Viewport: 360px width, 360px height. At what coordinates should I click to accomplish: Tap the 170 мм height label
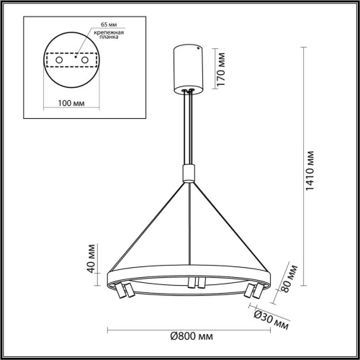223,67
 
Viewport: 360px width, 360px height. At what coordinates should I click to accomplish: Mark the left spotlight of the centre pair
189,282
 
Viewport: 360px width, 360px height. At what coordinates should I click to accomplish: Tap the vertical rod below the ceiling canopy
189,130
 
